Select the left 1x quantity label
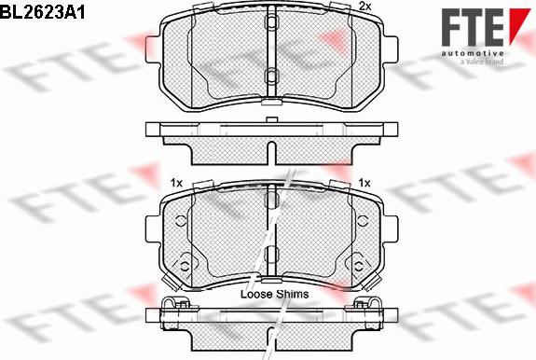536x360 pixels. click(x=175, y=182)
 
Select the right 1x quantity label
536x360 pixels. click(x=364, y=182)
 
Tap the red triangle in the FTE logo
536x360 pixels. click(x=517, y=25)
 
